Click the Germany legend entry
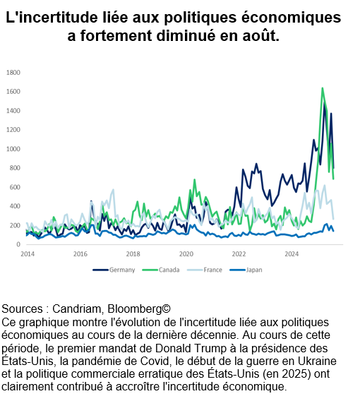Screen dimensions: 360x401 point(114,270)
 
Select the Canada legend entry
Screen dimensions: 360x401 point(161,270)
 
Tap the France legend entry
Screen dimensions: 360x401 point(205,270)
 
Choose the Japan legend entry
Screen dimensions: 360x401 point(246,270)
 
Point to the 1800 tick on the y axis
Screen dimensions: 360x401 point(13,73)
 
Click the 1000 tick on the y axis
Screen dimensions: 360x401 point(13,149)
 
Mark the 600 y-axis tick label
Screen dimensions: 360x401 point(15,187)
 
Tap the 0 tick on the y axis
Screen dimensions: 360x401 point(18,244)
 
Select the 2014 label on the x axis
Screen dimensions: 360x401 point(28,254)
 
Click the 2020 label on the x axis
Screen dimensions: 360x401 point(186,254)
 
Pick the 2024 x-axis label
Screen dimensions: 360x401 point(292,254)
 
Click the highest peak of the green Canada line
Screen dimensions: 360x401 point(323,88)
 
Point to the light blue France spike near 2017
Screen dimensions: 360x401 point(113,190)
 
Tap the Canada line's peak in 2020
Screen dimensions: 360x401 point(195,179)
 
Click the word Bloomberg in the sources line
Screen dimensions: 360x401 point(139,309)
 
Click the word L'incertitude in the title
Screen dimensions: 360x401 point(52,18)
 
